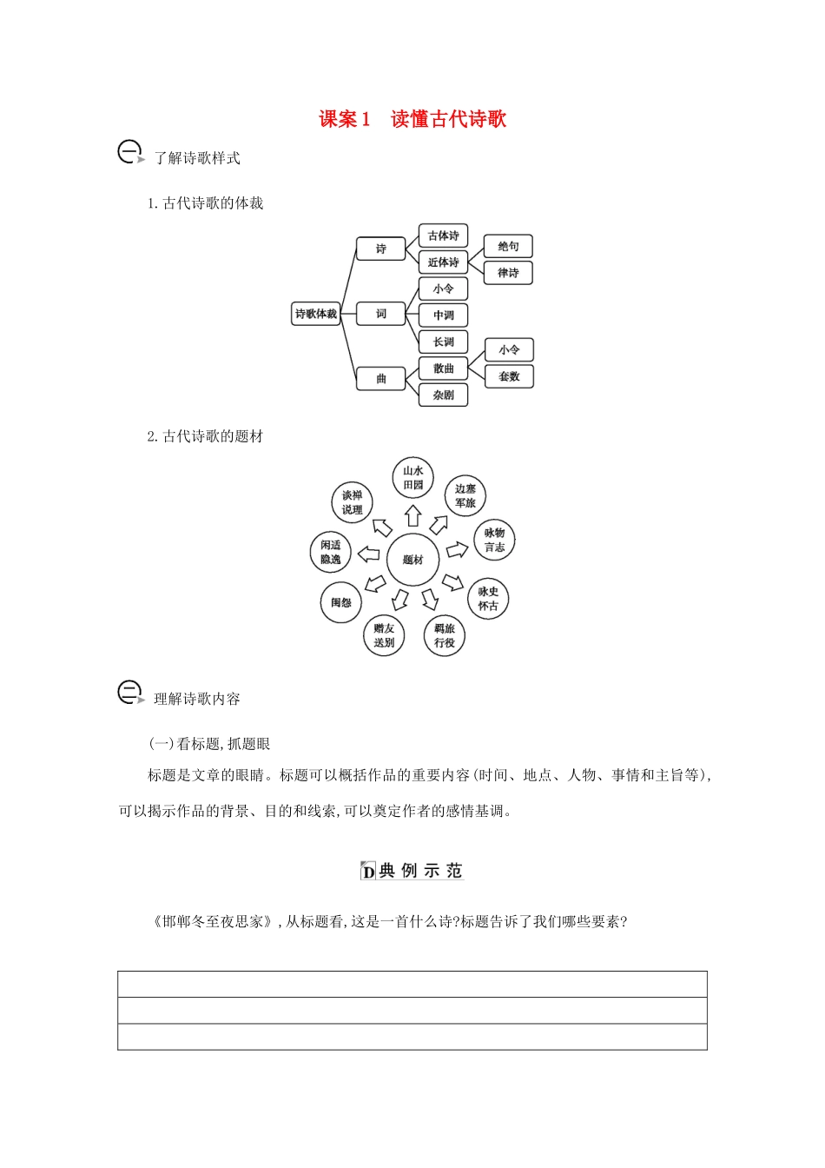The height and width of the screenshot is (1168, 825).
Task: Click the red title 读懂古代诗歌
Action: [x=448, y=119]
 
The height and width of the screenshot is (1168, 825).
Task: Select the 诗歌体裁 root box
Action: [x=315, y=314]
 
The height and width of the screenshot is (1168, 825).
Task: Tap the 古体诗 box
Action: [x=443, y=236]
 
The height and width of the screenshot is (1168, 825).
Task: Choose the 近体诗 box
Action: [x=443, y=262]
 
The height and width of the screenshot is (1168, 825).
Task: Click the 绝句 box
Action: [x=508, y=247]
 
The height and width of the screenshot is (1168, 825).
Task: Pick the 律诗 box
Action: [x=508, y=273]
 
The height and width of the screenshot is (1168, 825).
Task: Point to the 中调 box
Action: [x=443, y=315]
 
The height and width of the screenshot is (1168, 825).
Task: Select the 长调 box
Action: [x=443, y=342]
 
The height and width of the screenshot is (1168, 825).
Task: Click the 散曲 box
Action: [x=443, y=368]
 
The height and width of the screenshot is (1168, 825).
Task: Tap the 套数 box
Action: [x=509, y=376]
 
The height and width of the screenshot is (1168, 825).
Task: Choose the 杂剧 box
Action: [x=443, y=395]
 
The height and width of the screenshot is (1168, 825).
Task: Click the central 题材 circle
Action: [x=412, y=560]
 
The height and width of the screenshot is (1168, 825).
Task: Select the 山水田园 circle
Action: [x=412, y=478]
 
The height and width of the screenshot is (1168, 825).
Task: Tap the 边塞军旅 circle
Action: [x=465, y=496]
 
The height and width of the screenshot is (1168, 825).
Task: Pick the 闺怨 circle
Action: [x=340, y=602]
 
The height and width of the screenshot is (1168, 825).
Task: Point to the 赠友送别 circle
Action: [x=384, y=635]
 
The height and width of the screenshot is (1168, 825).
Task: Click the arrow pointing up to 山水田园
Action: [x=413, y=516]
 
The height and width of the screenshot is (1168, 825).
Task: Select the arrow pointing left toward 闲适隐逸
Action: [x=369, y=554]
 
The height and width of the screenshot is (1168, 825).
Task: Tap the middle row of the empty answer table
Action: [x=412, y=1011]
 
